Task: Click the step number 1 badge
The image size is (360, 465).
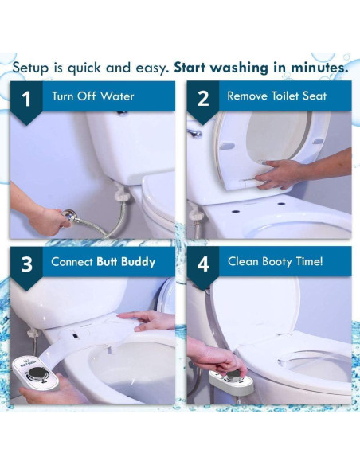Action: (27, 100)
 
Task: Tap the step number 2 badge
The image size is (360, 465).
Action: (203, 100)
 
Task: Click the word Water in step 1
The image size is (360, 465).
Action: (117, 96)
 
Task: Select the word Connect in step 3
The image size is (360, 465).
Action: (72, 261)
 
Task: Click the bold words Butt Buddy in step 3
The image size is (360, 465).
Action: (126, 261)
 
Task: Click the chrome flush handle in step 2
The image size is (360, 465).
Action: (195, 133)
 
